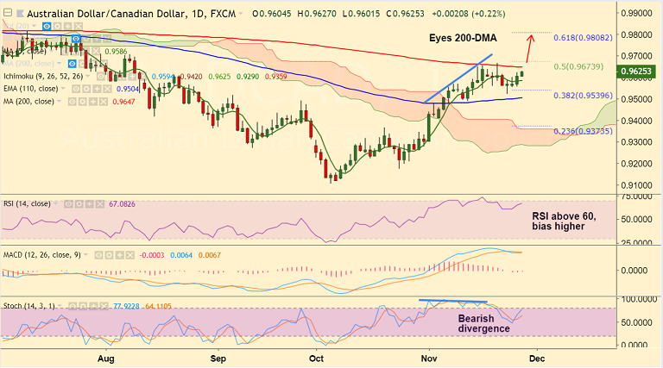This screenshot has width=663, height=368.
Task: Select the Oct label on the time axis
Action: [x=317, y=356]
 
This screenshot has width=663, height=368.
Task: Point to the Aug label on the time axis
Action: [x=107, y=356]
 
